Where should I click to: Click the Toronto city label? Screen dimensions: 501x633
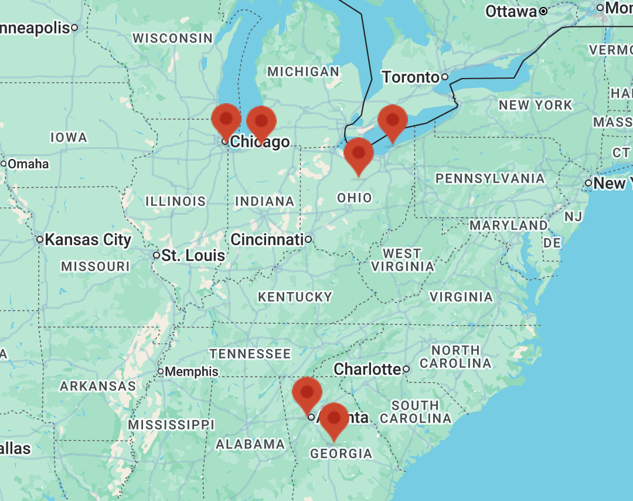click(410, 77)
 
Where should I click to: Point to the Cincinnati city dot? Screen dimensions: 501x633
click(308, 239)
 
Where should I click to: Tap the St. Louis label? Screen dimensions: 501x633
click(193, 256)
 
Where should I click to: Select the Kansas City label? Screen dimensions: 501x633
click(88, 239)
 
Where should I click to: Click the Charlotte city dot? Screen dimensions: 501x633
click(406, 370)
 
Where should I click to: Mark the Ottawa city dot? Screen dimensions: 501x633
click(543, 11)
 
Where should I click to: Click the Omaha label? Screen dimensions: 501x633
click(28, 164)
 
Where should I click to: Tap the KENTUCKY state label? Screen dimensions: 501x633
click(295, 297)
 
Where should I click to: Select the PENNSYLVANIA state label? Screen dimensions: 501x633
click(490, 178)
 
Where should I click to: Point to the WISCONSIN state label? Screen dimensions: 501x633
click(172, 38)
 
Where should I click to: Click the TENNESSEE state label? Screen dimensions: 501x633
click(250, 354)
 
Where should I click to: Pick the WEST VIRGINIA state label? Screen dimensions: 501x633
click(402, 260)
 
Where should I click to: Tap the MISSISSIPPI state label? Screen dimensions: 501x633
click(171, 424)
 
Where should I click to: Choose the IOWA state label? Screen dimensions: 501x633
click(69, 137)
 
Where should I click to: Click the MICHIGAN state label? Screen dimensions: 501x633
click(303, 72)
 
